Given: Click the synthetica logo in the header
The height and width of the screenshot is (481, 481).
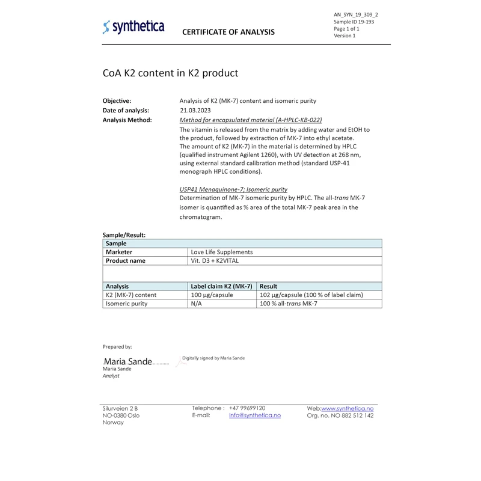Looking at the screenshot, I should pos(133,27).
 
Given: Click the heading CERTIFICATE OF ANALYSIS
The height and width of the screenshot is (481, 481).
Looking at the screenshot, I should pos(228,32).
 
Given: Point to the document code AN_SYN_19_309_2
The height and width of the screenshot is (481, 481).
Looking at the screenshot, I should pos(356,14).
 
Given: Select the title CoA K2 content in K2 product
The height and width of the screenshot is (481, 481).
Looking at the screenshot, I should pos(170,73).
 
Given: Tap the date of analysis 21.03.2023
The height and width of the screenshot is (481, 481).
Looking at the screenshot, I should pos(195,111).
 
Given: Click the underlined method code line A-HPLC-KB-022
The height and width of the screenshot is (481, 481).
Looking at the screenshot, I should pos(251,120).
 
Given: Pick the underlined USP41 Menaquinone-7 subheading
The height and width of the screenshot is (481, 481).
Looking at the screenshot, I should pos(233,189).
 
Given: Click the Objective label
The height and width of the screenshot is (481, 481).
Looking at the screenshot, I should pos(117,101).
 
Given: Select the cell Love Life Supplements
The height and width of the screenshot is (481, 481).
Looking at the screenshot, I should pos(221,252).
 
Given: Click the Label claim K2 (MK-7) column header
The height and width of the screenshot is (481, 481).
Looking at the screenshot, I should pos(221,286).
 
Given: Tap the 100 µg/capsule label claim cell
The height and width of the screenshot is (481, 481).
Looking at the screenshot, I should pos(212,295).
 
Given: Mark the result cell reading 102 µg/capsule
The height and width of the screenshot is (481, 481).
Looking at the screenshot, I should pos(311,295).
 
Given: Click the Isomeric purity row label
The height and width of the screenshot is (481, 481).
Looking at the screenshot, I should pos(126,304).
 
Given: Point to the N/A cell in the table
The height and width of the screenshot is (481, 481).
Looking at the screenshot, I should pos(196,304).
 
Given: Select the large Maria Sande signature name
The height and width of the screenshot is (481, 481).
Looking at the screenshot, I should pos(128,362).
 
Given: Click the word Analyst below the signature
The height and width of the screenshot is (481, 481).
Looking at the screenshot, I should pos(111,376).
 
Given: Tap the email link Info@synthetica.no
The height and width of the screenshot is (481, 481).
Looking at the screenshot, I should pos(255,415).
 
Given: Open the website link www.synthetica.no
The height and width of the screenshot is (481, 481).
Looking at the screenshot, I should pos(348,408).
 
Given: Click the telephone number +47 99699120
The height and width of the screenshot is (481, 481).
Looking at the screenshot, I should pos(247,408).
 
